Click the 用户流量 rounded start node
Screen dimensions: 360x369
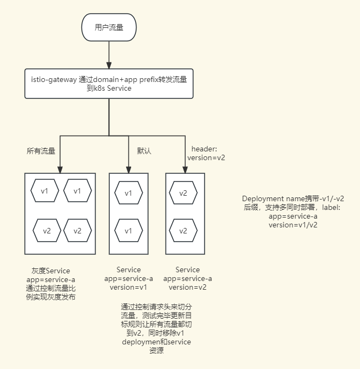pyautogui.click(x=109, y=27)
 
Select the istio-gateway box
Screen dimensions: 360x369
pyautogui.click(x=109, y=84)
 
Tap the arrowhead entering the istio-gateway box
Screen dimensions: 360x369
pyautogui.click(x=109, y=66)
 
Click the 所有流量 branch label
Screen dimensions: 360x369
pyautogui.click(x=41, y=151)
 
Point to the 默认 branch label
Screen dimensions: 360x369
pyautogui.click(x=144, y=151)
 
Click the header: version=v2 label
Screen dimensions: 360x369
pyautogui.click(x=206, y=153)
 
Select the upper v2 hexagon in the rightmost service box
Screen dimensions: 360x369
pyautogui.click(x=183, y=193)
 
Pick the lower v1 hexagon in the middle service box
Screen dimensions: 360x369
pyautogui.click(x=128, y=231)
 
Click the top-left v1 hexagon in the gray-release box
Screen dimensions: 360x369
pyautogui.click(x=45, y=191)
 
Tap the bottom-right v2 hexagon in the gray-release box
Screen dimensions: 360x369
pyautogui.click(x=78, y=231)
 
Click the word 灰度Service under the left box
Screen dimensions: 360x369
pyautogui.click(x=51, y=271)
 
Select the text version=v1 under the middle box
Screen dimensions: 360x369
pyautogui.click(x=128, y=288)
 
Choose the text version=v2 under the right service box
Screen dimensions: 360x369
pyautogui.click(x=187, y=288)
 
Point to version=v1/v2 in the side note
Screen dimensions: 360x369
pyautogui.click(x=293, y=225)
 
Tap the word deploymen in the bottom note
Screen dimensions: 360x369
pyautogui.click(x=138, y=342)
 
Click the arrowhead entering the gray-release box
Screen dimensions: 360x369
pyautogui.click(x=60, y=170)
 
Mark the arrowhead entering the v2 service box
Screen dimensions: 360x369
pyautogui.click(x=185, y=170)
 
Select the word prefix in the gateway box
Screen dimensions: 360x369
pyautogui.click(x=149, y=80)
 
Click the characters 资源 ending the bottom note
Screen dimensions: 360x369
pyautogui.click(x=156, y=350)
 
